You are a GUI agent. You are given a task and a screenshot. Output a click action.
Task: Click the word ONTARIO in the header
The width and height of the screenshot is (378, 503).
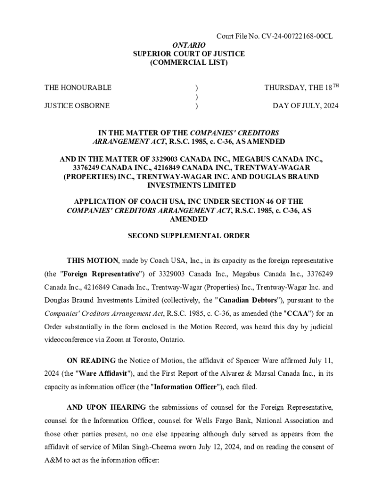(189, 45)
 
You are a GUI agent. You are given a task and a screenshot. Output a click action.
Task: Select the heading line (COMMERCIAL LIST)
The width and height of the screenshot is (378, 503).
(189, 63)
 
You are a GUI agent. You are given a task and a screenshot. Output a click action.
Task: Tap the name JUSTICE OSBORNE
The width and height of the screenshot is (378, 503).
(77, 106)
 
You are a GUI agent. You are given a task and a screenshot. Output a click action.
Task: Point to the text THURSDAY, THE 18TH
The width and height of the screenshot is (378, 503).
(301, 88)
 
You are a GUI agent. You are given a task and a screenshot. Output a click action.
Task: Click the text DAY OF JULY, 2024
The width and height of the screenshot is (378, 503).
(305, 106)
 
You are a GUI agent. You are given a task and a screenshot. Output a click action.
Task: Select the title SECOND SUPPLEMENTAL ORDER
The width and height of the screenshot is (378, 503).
(189, 236)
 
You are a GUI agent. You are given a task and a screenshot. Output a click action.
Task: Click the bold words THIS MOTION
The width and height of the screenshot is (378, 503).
(93, 260)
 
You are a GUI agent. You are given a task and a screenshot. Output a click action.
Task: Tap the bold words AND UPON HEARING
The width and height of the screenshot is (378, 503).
(106, 407)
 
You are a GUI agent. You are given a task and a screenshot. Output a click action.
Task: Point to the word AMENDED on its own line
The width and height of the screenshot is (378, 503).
(189, 219)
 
